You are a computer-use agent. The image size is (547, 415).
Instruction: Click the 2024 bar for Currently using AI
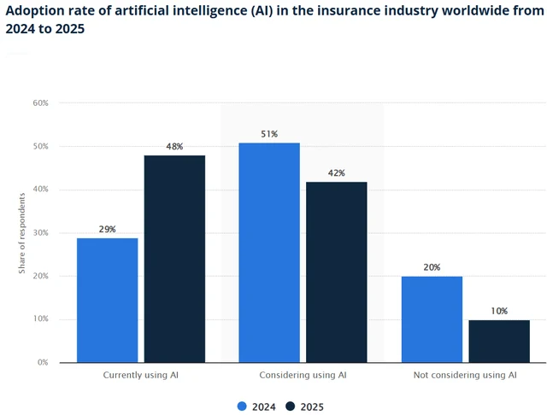(107, 300)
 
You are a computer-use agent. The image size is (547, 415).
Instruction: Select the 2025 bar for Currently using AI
(174, 259)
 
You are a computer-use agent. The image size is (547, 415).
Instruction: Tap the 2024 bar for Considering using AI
(269, 252)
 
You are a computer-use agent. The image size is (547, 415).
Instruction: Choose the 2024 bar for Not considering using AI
(432, 319)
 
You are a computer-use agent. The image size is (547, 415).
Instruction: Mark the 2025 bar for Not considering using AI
(499, 341)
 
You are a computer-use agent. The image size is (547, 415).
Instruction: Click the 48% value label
(174, 146)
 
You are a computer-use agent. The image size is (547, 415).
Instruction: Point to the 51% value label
(269, 133)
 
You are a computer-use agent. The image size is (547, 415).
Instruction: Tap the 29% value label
(107, 229)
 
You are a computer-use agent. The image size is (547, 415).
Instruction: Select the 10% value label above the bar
(499, 311)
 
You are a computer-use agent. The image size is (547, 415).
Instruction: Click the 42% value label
(336, 172)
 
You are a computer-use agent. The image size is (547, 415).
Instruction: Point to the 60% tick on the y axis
(40, 103)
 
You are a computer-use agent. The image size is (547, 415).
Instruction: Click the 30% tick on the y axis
(40, 233)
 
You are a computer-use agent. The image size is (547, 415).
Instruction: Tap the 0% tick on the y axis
(43, 363)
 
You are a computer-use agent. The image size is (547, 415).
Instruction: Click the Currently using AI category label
(140, 375)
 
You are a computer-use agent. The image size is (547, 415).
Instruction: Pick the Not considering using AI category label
(465, 375)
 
